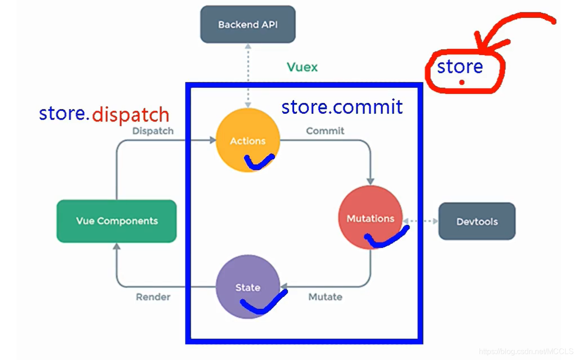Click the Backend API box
click(248, 24)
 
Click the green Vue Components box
click(117, 221)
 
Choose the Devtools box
click(476, 221)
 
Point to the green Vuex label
click(302, 67)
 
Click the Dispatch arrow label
click(153, 131)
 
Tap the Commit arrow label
click(325, 131)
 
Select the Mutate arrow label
click(325, 297)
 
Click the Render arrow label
click(153, 297)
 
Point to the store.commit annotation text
click(342, 107)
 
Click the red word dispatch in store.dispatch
click(130, 115)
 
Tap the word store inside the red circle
click(460, 67)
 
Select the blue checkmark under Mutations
click(386, 238)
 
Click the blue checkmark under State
click(263, 303)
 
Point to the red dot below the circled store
click(462, 82)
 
